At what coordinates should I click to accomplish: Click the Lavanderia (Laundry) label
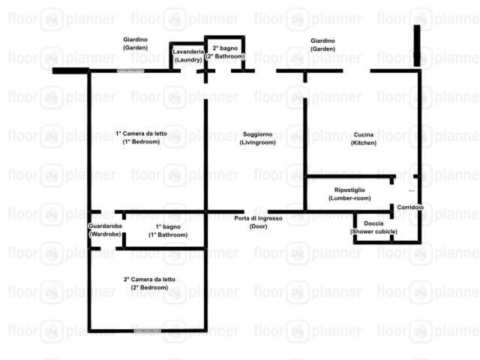188,55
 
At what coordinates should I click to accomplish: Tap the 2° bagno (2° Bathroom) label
225,52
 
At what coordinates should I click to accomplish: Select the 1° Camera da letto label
141,138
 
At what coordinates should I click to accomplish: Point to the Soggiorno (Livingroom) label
258,138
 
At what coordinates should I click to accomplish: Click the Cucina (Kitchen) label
364,139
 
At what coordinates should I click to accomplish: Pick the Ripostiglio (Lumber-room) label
349,194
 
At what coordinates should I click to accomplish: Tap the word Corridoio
410,207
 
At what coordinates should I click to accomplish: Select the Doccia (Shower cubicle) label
373,227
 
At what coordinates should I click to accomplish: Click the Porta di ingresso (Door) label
258,222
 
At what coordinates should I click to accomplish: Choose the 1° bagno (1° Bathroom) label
168,231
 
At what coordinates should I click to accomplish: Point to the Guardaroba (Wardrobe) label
105,230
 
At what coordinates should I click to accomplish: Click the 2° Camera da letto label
149,283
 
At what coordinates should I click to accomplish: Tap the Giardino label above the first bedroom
135,43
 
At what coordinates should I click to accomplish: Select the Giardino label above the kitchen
322,45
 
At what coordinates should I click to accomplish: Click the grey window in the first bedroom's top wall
130,70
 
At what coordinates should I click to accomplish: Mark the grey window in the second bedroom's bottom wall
147,331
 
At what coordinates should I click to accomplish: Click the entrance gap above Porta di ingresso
256,211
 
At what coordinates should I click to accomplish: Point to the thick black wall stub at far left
70,70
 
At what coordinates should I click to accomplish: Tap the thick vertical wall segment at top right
417,46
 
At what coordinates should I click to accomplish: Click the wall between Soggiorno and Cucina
305,154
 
